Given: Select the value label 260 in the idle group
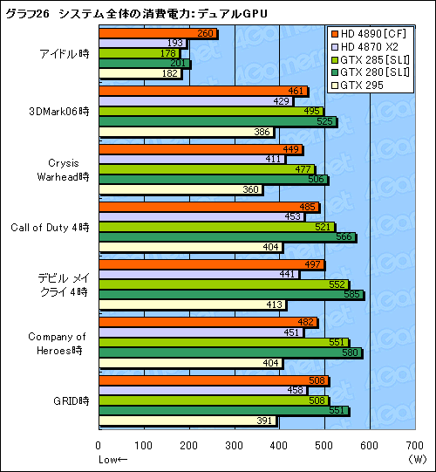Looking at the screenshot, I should tap(206, 34).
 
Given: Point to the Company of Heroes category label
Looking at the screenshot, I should tap(57, 342).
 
